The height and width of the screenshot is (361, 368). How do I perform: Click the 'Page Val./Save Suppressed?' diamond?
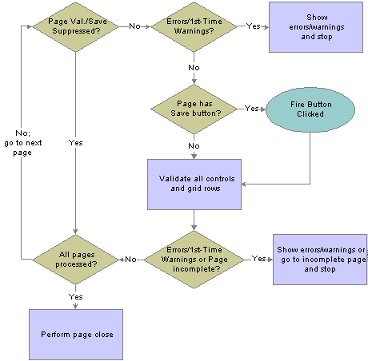click(x=75, y=26)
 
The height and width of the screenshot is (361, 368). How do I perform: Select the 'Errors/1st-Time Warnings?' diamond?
click(x=194, y=26)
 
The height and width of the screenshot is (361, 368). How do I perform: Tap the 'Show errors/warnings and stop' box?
click(x=316, y=27)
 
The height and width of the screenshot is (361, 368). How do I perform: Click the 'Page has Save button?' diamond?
click(x=194, y=109)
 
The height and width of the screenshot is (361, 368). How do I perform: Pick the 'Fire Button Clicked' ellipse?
click(x=310, y=109)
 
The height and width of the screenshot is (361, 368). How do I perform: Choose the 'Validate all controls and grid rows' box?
click(x=194, y=184)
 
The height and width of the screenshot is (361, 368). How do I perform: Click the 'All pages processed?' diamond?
click(x=75, y=260)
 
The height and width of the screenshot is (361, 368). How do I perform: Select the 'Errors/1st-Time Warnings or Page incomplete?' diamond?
click(x=194, y=260)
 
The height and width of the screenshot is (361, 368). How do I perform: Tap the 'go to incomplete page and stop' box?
click(x=320, y=260)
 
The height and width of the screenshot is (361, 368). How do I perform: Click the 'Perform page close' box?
click(x=76, y=335)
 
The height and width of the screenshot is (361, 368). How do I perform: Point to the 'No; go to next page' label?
click(x=23, y=143)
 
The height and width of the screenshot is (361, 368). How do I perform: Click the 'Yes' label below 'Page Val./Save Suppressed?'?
click(x=76, y=143)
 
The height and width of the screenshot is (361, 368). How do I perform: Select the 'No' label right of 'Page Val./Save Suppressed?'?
click(x=134, y=26)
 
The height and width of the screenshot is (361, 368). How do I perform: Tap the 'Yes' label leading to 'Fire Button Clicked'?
click(x=252, y=109)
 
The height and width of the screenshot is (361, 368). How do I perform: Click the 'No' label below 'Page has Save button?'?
click(x=194, y=146)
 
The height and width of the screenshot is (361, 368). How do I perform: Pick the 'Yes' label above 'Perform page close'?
click(x=76, y=296)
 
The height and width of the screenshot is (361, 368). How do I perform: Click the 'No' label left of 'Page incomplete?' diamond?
click(x=130, y=260)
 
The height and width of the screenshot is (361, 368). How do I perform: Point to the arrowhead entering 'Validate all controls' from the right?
click(x=243, y=184)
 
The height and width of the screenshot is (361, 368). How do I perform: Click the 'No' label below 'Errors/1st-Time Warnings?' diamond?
click(x=194, y=68)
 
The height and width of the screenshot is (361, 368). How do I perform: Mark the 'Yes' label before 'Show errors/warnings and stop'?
click(x=254, y=26)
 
